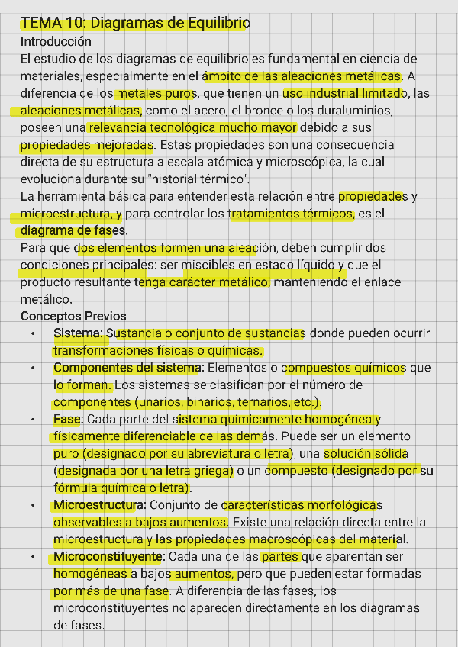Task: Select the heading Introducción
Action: (56, 41)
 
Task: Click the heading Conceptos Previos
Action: (73, 316)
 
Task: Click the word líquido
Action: (321, 266)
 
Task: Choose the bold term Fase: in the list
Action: (69, 420)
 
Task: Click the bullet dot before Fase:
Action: (33, 420)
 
